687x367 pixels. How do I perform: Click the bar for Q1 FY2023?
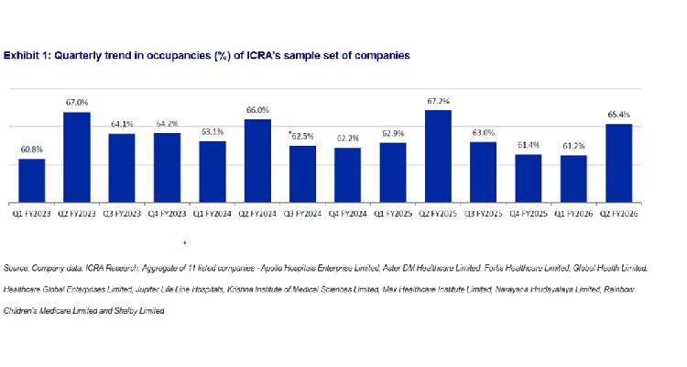pyautogui.click(x=32, y=181)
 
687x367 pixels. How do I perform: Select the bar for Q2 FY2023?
pyautogui.click(x=77, y=157)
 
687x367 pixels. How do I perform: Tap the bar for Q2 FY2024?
pyautogui.click(x=257, y=161)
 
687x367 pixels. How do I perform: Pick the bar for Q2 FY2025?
pyautogui.click(x=438, y=156)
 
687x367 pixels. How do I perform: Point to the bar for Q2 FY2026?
pyautogui.click(x=618, y=163)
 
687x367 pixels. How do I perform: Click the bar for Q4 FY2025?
pyautogui.click(x=528, y=178)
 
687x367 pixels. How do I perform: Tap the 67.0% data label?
pyautogui.click(x=77, y=103)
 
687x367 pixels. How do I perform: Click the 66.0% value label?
pyautogui.click(x=257, y=110)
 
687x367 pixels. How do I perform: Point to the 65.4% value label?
pyautogui.click(x=618, y=115)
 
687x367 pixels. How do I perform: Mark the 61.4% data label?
pyautogui.click(x=528, y=145)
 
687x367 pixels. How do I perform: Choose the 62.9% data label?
pyautogui.click(x=393, y=134)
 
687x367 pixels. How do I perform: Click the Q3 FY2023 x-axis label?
pyautogui.click(x=122, y=213)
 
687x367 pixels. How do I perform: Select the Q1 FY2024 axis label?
pyautogui.click(x=212, y=213)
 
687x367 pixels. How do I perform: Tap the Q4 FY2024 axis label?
pyautogui.click(x=348, y=213)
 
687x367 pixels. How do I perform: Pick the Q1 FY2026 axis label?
pyautogui.click(x=572, y=213)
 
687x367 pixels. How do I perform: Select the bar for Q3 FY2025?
pyautogui.click(x=483, y=172)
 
